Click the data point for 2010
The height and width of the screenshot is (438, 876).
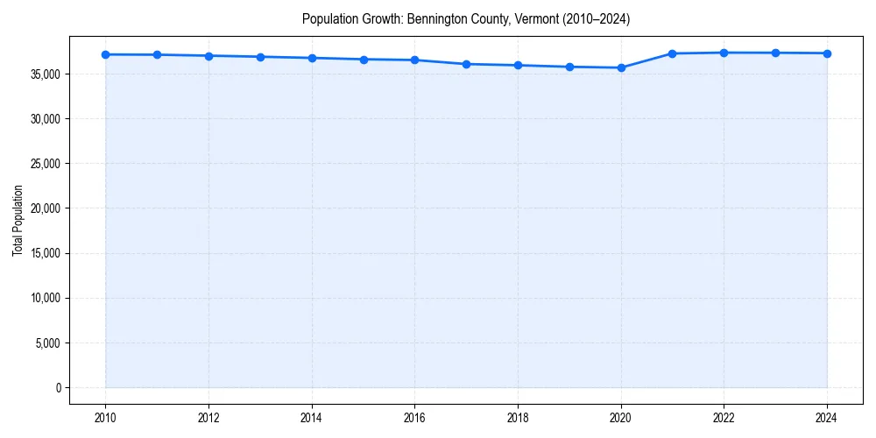coord(105,54)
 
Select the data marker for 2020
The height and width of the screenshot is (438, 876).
coord(621,67)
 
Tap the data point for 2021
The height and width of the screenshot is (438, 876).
coord(672,53)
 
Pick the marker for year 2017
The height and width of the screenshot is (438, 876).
coord(466,64)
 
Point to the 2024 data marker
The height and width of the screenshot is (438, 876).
coord(827,53)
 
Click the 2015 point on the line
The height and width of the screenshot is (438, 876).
coord(364,60)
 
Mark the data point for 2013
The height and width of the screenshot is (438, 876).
coord(260,57)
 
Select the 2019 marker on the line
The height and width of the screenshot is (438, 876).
coord(569,67)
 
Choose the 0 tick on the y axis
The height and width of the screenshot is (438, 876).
coord(58,387)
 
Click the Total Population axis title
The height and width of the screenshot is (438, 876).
coord(18,220)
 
